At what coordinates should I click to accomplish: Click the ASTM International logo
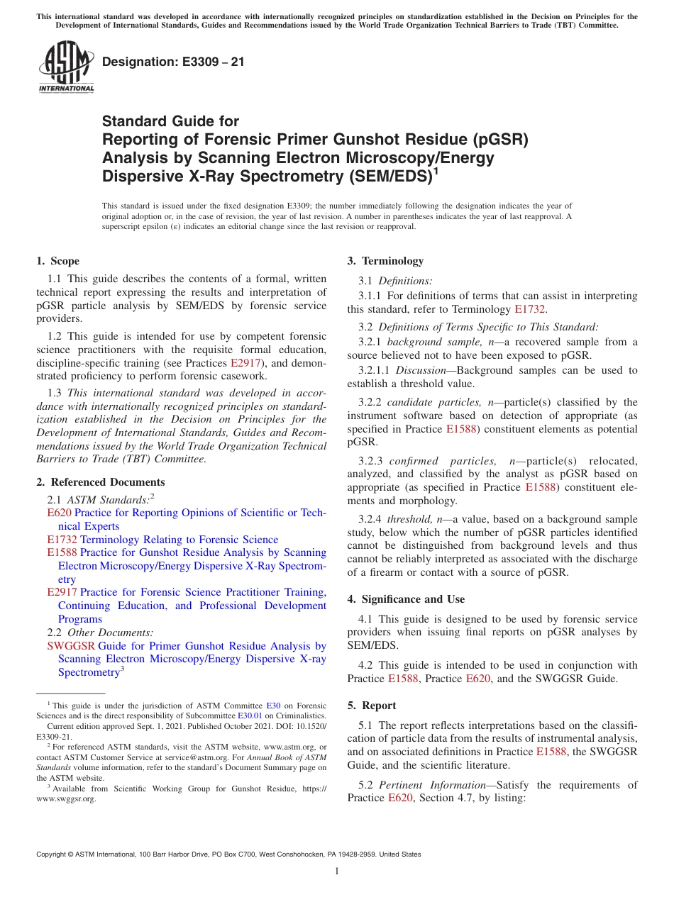[x=66, y=67]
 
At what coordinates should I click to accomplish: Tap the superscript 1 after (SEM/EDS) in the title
[x=436, y=171]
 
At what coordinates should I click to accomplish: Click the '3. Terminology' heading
[x=385, y=261]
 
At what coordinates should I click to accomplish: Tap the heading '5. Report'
[x=372, y=706]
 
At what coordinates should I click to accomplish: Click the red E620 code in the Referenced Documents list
[x=59, y=513]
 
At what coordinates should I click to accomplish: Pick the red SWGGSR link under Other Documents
[x=71, y=646]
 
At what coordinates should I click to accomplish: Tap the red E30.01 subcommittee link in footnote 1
[x=249, y=716]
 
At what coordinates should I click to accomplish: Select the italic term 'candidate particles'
[x=431, y=402]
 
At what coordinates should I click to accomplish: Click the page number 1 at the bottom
[x=337, y=872]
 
